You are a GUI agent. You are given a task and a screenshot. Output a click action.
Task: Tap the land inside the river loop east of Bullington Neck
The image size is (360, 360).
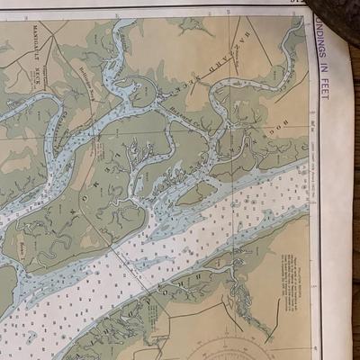(x=144, y=90)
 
